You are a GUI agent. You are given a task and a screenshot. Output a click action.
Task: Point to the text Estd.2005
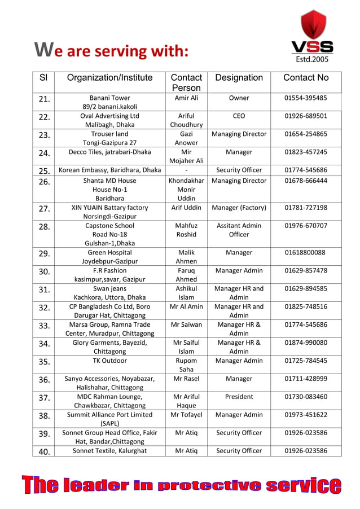tap(312, 58)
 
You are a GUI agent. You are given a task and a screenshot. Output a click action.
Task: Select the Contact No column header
tap(306, 78)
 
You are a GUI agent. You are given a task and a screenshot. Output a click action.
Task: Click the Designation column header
tap(239, 78)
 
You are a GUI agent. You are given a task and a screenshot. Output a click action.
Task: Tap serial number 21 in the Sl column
tap(45, 100)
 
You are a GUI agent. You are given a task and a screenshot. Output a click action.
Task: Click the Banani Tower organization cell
tap(110, 102)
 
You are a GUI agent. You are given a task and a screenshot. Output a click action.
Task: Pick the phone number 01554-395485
tap(306, 98)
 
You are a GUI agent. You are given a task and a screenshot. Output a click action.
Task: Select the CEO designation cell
tap(239, 116)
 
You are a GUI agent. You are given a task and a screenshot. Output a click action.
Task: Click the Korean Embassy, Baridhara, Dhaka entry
tap(110, 170)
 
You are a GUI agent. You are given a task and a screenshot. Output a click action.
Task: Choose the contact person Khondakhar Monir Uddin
tap(186, 190)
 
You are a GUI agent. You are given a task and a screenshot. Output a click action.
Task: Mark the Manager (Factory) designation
tap(239, 208)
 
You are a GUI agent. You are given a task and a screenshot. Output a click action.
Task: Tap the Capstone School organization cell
tap(110, 234)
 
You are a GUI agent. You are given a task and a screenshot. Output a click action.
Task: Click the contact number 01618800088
tap(305, 253)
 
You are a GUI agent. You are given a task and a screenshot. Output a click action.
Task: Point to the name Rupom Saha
tap(186, 365)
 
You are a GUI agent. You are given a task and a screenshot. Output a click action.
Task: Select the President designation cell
tap(239, 397)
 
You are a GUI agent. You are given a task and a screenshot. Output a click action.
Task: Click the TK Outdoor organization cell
tap(110, 361)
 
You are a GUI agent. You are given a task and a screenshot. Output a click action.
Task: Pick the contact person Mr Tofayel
tap(186, 415)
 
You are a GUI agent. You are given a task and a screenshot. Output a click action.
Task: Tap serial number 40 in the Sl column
tap(45, 451)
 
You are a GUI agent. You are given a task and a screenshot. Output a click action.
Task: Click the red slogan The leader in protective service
tap(181, 485)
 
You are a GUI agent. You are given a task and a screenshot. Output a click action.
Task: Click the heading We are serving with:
tap(111, 51)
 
